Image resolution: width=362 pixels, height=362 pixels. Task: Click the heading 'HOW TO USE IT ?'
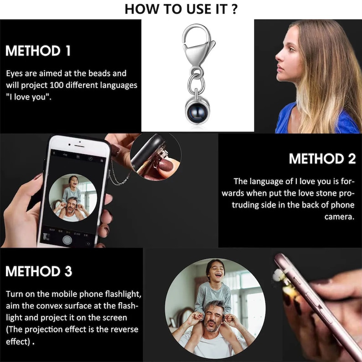tap(181, 9)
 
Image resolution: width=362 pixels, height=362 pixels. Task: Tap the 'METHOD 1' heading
tap(38, 51)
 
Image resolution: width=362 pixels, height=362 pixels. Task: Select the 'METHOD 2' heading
tap(322, 159)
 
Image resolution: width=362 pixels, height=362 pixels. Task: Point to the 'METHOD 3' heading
tap(39, 271)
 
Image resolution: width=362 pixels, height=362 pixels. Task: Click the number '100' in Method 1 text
tap(57, 85)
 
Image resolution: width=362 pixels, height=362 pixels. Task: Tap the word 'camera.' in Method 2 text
tap(339, 217)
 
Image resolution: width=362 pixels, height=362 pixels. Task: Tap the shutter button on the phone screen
tap(67, 240)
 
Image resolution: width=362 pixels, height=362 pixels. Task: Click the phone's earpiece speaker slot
tap(79, 146)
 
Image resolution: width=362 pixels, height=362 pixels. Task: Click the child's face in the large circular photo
tap(215, 272)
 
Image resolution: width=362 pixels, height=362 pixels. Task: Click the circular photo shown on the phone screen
tap(73, 197)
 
